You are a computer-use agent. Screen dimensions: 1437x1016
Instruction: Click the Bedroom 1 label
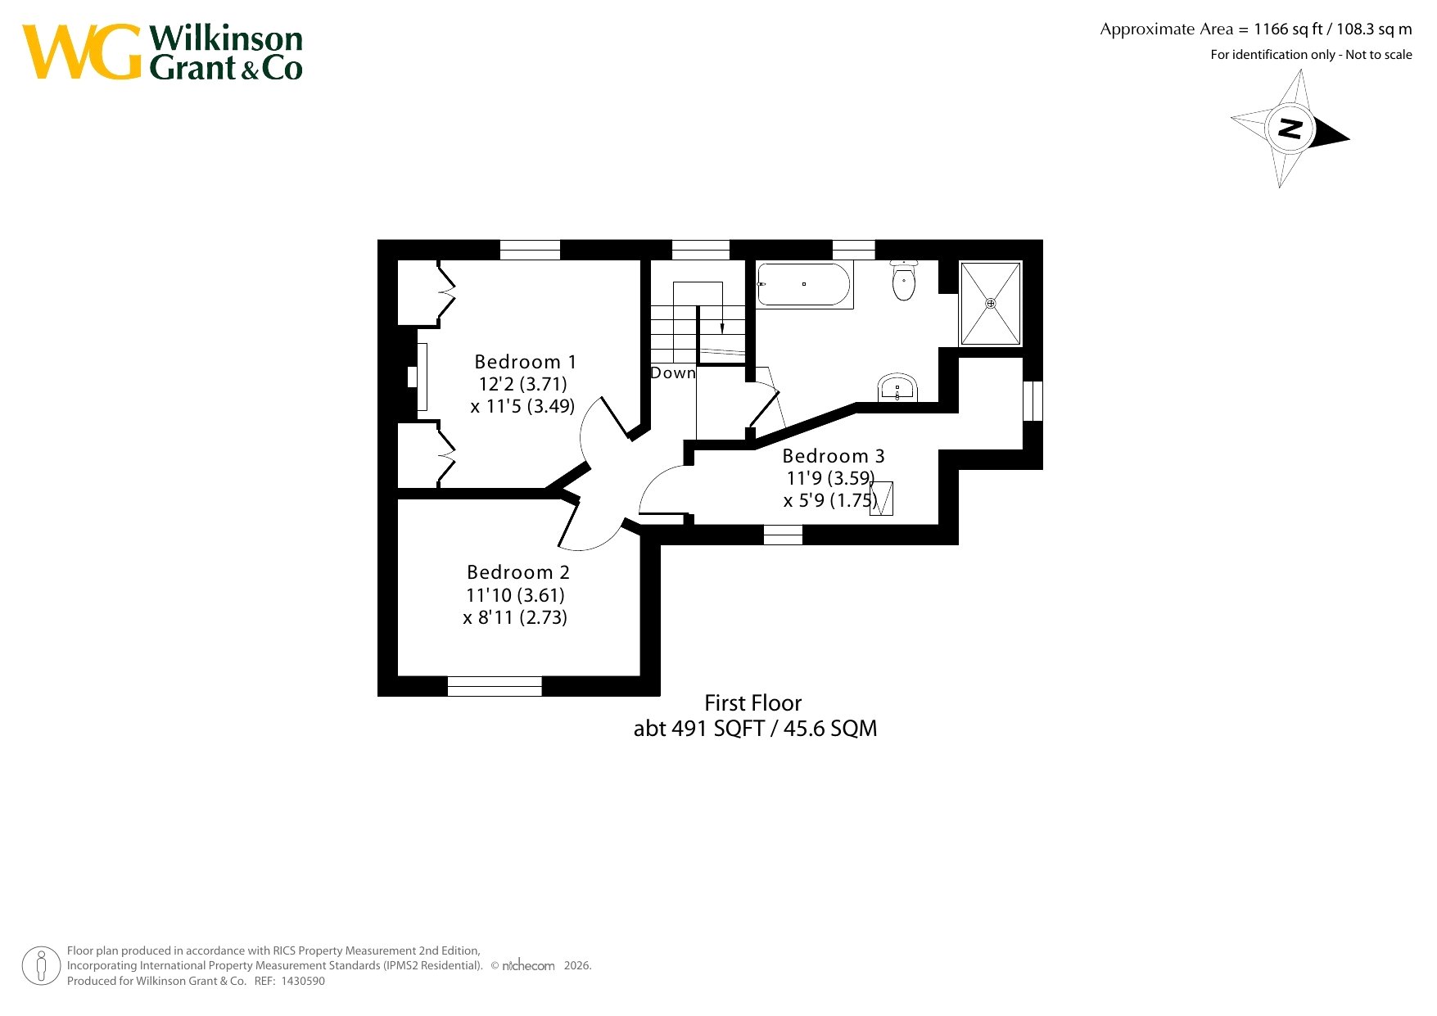point(525,362)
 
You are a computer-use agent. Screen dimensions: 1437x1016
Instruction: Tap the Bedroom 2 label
point(517,572)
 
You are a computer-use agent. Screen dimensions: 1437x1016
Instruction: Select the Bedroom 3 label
point(834,456)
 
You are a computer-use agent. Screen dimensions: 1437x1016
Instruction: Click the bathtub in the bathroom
point(803,284)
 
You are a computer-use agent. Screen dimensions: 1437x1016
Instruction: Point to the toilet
point(903,281)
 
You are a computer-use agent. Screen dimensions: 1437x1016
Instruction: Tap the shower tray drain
point(991,304)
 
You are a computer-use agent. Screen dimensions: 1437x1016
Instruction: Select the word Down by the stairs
point(673,373)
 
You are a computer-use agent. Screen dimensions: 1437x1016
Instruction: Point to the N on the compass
point(1290,129)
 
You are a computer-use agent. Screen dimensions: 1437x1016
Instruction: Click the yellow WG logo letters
point(82,52)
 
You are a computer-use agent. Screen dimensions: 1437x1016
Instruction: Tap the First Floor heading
point(753,703)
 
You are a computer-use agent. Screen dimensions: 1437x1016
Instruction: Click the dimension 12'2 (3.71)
point(522,384)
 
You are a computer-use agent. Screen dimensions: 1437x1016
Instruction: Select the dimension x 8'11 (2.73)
point(515,617)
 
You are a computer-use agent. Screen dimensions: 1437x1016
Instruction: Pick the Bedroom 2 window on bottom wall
point(495,686)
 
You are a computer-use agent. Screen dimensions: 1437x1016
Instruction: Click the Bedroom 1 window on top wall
point(530,250)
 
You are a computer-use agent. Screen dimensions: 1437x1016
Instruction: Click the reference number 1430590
point(303,981)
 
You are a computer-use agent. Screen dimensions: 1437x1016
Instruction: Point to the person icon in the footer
point(41,965)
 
